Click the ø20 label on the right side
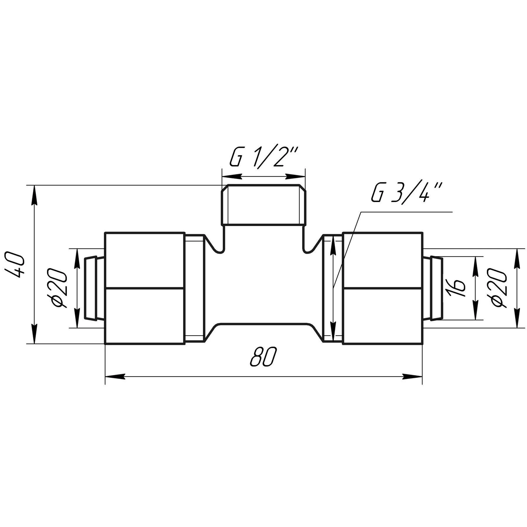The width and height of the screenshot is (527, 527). [x=499, y=288]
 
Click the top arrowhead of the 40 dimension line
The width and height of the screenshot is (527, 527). [x=35, y=195]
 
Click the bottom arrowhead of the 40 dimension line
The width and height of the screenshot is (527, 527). [x=35, y=334]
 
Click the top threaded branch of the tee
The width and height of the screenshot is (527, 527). [x=263, y=205]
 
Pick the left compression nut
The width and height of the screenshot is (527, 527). [x=145, y=288]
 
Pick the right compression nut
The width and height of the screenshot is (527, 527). [x=382, y=288]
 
